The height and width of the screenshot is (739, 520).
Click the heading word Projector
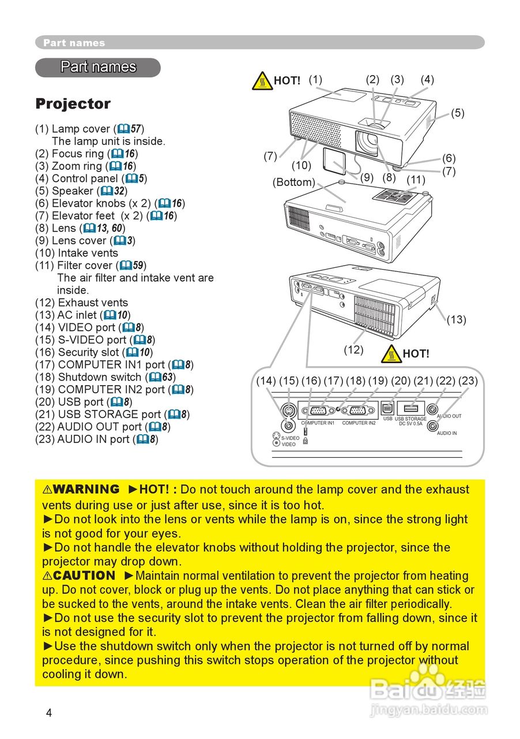pos(73,104)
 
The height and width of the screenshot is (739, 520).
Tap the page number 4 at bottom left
pos(49,713)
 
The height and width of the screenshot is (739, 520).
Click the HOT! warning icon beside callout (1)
pos(262,81)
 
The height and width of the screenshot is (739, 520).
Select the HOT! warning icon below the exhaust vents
pos(391,353)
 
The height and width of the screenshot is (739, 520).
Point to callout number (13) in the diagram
pos(456,320)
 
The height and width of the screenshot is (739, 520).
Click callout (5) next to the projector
pos(457,113)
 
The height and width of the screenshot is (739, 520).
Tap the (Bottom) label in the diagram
pos(294,182)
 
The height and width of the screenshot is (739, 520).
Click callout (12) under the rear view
pos(353,349)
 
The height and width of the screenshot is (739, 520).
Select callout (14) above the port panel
pos(266,380)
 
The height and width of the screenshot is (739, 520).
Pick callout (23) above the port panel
pos(468,380)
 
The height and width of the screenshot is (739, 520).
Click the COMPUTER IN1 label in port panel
pos(318,423)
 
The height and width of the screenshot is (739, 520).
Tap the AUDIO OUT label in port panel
pos(449,416)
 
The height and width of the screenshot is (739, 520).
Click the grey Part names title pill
pos(98,67)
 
